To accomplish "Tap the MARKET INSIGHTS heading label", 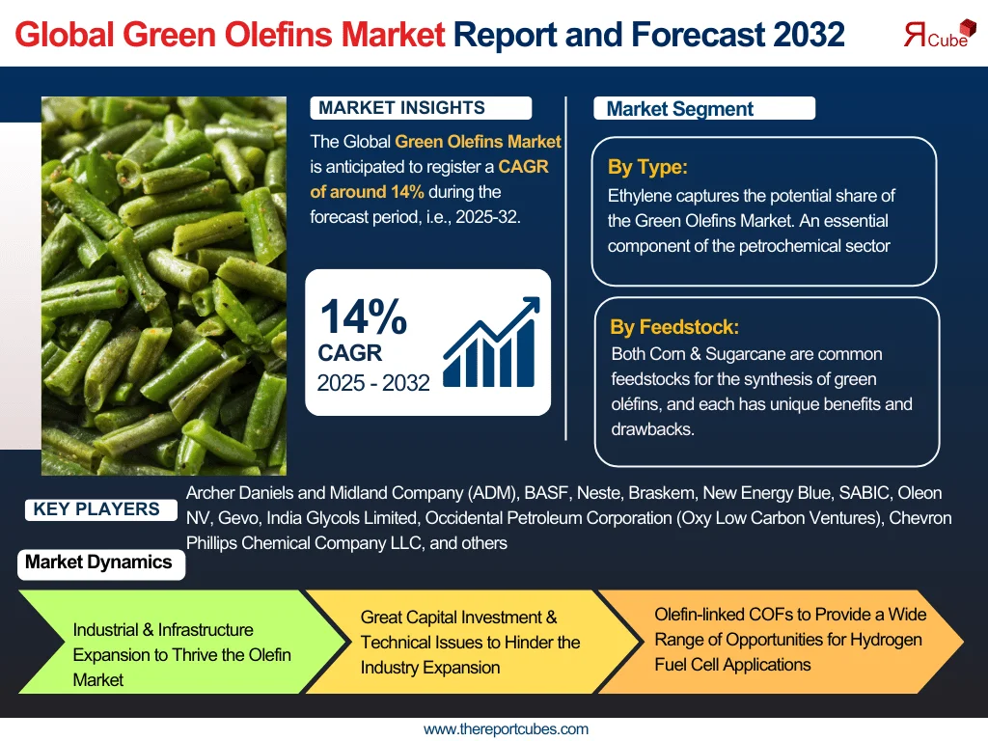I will tap(402, 108).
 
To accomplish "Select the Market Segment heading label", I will tap(680, 109).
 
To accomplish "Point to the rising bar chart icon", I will tap(489, 343).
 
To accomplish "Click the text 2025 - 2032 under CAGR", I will tap(373, 383).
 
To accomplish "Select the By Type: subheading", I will tap(647, 167).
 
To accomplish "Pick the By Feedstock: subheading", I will tap(674, 327).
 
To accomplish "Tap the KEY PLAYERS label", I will tap(96, 509).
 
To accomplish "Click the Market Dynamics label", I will tap(98, 563).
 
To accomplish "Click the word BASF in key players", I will tap(545, 493).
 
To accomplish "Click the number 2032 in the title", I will tap(809, 35).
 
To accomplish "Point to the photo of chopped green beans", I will tap(164, 286).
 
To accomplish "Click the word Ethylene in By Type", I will tap(639, 196).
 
